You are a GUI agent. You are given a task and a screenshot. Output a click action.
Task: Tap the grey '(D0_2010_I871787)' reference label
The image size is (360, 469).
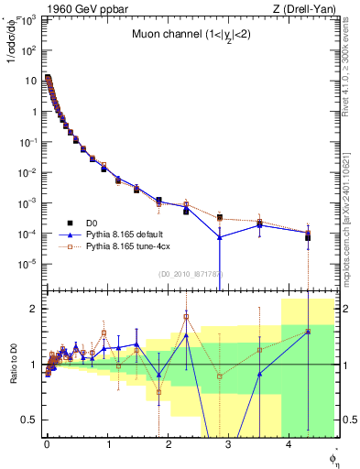(184, 274)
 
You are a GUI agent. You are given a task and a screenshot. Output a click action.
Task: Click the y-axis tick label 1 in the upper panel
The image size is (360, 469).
(32, 112)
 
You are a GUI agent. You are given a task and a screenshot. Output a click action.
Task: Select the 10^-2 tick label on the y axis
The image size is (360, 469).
(27, 172)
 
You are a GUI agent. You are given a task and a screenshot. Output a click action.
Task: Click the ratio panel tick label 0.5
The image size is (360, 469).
(29, 420)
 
